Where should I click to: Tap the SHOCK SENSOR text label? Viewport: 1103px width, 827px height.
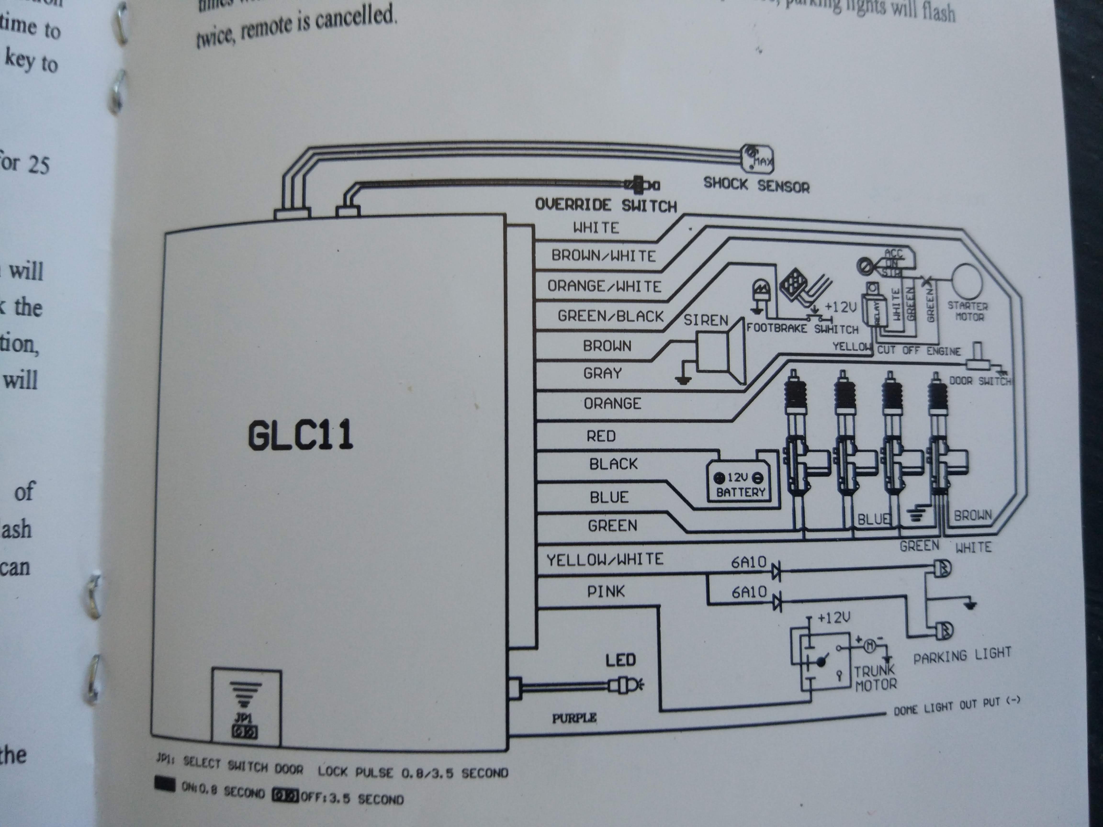pyautogui.click(x=756, y=185)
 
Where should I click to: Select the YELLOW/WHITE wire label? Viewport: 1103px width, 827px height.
pyautogui.click(x=605, y=559)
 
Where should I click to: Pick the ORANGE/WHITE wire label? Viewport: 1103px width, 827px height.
pyautogui.click(x=604, y=286)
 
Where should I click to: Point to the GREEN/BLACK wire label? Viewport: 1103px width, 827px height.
pyautogui.click(x=610, y=316)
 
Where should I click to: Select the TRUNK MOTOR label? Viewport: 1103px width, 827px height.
pyautogui.click(x=875, y=678)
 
